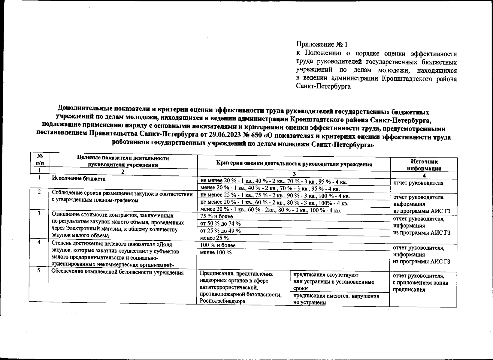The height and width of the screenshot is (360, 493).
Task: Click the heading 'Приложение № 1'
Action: [322, 45]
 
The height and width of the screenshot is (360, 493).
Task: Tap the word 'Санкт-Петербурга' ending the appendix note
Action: [324, 87]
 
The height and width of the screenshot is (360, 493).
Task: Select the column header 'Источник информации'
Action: [424, 165]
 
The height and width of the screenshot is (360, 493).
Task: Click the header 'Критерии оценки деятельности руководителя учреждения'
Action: [294, 164]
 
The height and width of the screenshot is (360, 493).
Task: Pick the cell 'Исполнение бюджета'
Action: [79, 178]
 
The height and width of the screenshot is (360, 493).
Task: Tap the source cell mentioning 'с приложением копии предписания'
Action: [420, 283]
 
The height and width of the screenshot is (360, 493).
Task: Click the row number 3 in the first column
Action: [39, 214]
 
